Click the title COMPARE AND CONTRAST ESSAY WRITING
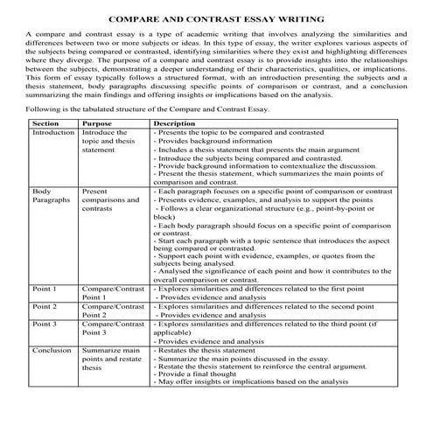(216, 17)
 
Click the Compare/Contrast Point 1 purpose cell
(112, 292)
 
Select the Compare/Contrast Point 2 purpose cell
(112, 311)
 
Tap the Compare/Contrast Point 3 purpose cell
(112, 329)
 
